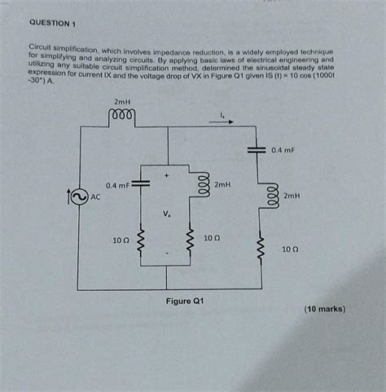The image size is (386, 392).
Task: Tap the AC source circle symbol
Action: [x=78, y=196]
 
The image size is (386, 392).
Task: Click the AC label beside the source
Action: [x=95, y=197]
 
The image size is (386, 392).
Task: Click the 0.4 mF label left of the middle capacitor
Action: [x=112, y=184]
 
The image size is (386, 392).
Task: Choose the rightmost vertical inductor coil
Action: [x=261, y=196]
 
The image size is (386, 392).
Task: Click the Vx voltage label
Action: [x=167, y=214]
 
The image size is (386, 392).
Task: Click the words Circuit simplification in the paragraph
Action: [x=58, y=51]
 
